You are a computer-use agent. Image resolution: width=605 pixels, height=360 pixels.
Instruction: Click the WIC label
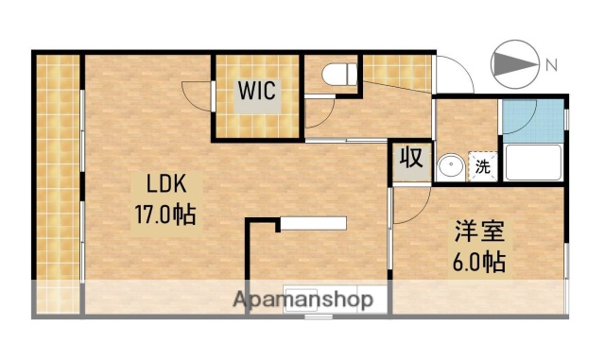click(256, 91)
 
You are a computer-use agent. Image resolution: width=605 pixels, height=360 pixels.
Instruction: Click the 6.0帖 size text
click(475, 260)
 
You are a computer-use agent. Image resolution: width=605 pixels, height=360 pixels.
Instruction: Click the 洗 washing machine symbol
click(482, 168)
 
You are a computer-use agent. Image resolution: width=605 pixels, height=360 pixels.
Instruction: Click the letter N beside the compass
click(550, 64)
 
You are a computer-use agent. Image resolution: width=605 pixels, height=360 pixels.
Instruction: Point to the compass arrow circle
click(514, 64)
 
